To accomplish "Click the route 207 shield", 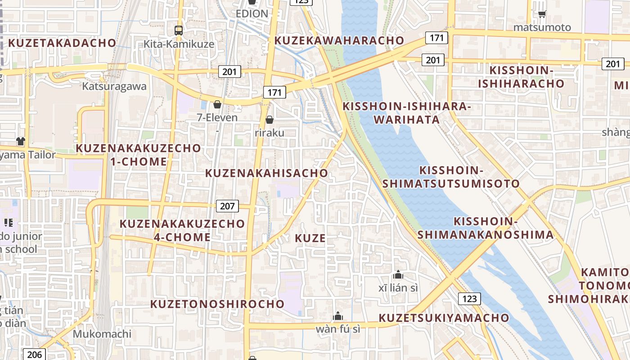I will coord(228,206).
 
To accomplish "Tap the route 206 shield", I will coord(34,354).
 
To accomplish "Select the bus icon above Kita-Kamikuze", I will coord(179,31).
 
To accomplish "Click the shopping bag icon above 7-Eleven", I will coord(217,104).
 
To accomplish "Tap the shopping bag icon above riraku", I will coord(270,120).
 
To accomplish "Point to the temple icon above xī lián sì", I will coord(398,274).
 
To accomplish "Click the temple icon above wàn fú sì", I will coord(338,316).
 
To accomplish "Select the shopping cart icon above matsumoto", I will coord(542,14).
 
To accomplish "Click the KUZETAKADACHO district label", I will coord(62,43).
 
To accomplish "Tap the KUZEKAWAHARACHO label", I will coord(339,40).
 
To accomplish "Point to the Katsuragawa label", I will coord(114,86).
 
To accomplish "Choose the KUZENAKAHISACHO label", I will coord(267,173).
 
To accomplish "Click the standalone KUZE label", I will coord(310,238).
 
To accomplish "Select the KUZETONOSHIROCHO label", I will coord(217,304).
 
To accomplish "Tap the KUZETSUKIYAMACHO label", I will coord(444,318).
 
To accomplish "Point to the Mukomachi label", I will coord(102,334).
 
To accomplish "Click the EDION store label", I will coord(252,13).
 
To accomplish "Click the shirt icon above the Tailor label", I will coord(20,141).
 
